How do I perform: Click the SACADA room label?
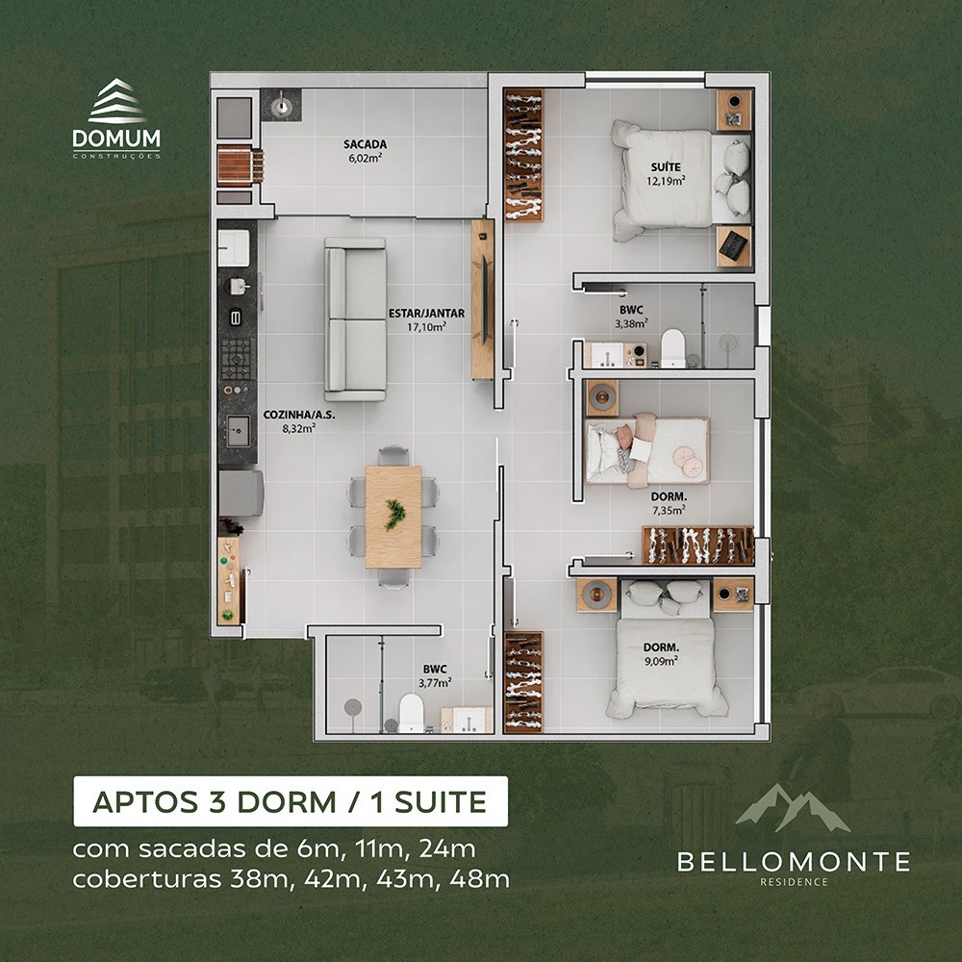click(365, 145)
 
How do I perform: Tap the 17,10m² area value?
click(427, 327)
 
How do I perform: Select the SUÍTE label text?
click(666, 166)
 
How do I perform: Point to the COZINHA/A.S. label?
click(299, 415)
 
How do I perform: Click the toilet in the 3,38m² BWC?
click(673, 348)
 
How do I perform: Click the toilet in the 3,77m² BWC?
click(411, 713)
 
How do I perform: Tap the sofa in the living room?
click(355, 319)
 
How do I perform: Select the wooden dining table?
click(393, 517)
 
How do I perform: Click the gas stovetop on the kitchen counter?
click(237, 359)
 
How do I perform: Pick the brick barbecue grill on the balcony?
click(240, 165)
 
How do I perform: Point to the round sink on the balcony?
click(281, 105)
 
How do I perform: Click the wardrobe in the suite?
click(523, 155)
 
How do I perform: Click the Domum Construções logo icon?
click(116, 101)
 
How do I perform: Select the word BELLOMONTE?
click(794, 861)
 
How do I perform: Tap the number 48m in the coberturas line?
click(479, 879)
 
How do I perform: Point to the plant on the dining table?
click(393, 515)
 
